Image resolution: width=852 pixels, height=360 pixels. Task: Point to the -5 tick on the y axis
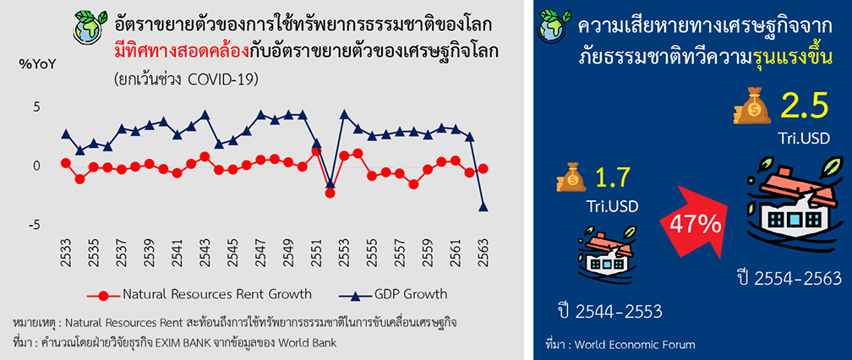(x=34, y=225)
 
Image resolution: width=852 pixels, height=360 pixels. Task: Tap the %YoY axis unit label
(x=38, y=64)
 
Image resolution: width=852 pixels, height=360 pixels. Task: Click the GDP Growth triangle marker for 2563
(x=483, y=207)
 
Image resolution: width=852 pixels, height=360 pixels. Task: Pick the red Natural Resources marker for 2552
(x=330, y=194)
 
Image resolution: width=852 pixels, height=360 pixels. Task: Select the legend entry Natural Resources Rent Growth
(x=199, y=295)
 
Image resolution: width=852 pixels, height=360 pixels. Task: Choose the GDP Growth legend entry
(x=392, y=295)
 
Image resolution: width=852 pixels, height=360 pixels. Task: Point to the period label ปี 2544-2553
(x=609, y=312)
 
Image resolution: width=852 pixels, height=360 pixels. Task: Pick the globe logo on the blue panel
(x=554, y=25)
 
